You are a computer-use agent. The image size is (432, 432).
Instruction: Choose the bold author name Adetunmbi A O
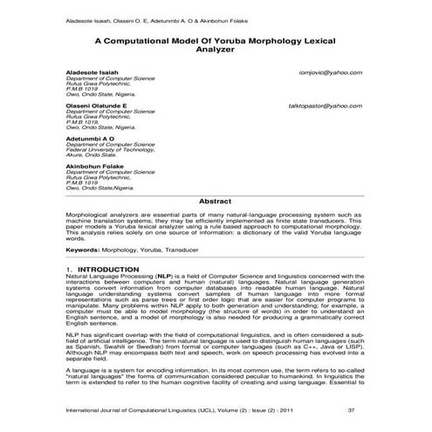coord(91,137)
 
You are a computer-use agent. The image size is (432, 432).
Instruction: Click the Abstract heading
coord(215,201)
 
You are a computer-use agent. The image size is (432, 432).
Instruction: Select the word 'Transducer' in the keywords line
coord(187,250)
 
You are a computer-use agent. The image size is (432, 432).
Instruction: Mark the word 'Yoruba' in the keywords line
coord(148,250)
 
